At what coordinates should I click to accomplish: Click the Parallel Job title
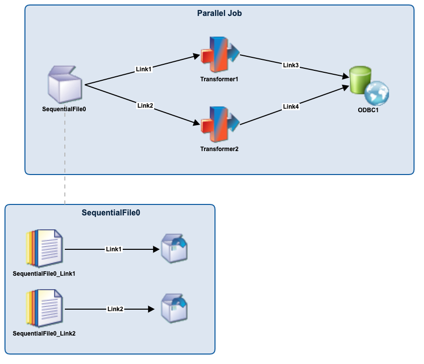(219, 13)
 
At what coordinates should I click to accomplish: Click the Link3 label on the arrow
(291, 65)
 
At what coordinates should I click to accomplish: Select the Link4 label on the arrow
(291, 106)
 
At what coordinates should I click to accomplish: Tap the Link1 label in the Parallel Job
(144, 69)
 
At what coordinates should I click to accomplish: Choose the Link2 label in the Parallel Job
(145, 105)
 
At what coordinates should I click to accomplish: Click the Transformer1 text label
(219, 79)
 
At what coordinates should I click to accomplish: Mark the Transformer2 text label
(219, 149)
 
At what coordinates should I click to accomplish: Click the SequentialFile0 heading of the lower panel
(111, 213)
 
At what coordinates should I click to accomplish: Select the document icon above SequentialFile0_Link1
(44, 248)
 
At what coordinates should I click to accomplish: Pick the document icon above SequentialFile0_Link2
(44, 308)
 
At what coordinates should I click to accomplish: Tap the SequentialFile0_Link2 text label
(44, 333)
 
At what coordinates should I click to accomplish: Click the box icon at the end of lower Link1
(174, 249)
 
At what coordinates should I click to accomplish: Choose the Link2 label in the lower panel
(115, 309)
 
